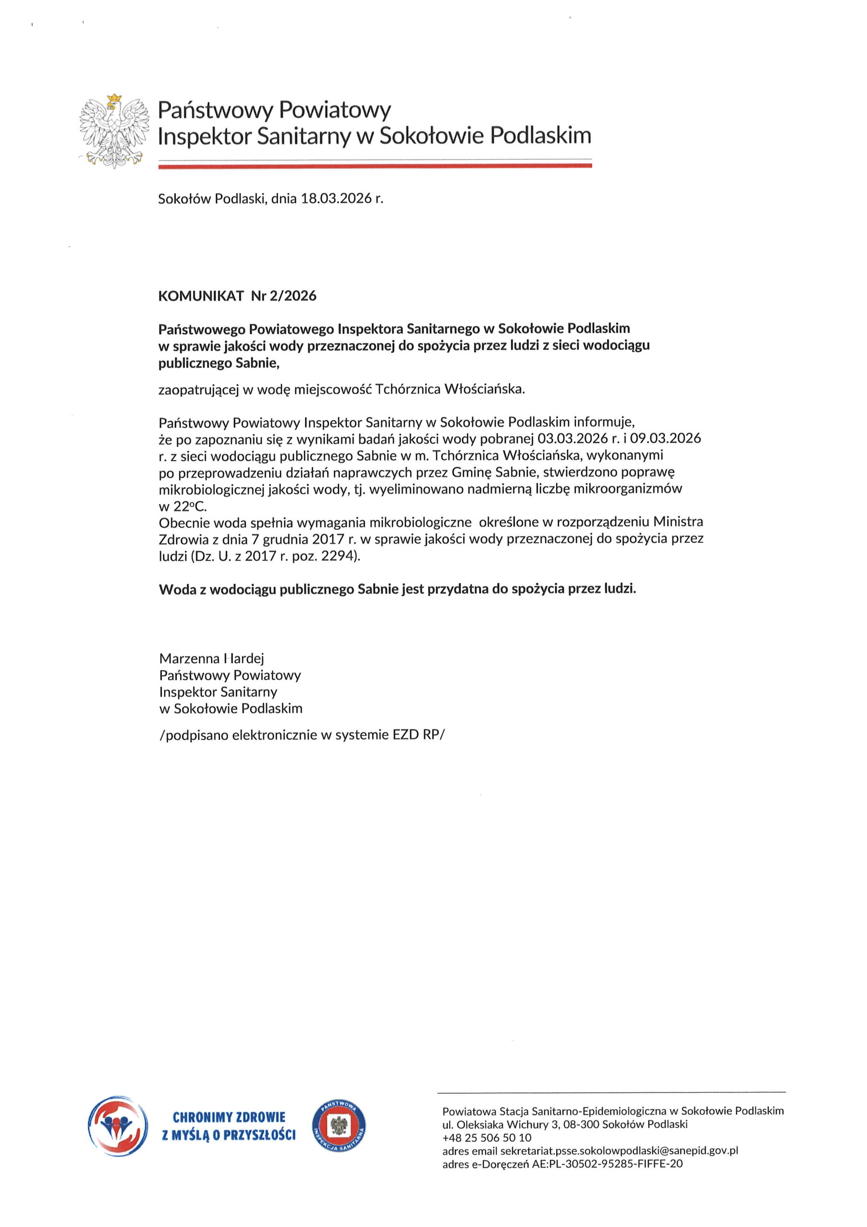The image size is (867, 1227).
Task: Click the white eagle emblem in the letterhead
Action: tap(113, 131)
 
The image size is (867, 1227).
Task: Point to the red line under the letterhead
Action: tap(375, 166)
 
